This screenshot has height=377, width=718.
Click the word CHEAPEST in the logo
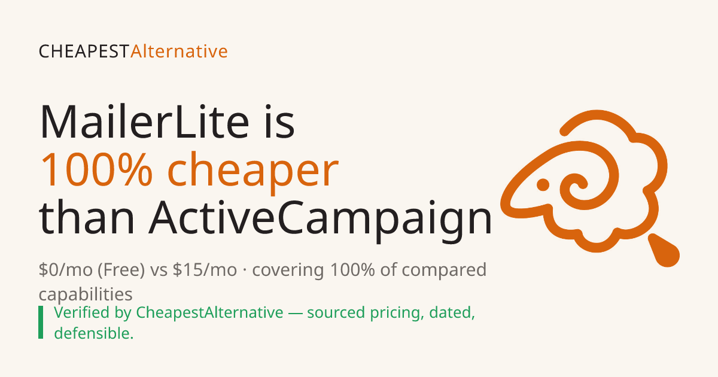[x=84, y=51]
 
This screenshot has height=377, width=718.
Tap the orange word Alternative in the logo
[x=179, y=51]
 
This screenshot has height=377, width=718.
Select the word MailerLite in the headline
[x=144, y=122]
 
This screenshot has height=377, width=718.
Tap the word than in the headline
[x=87, y=217]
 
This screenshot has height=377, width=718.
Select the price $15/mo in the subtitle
[x=205, y=270]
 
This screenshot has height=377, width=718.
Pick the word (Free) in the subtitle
[x=121, y=270]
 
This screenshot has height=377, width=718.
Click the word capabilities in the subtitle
[x=86, y=294]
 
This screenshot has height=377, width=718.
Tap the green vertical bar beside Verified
[x=41, y=322]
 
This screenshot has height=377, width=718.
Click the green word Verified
[x=82, y=312]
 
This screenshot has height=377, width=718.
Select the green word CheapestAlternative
[x=209, y=313]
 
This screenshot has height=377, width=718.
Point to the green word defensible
[x=93, y=333]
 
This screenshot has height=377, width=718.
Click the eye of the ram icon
[x=543, y=185]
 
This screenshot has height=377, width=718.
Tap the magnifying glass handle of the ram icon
[x=664, y=251]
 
